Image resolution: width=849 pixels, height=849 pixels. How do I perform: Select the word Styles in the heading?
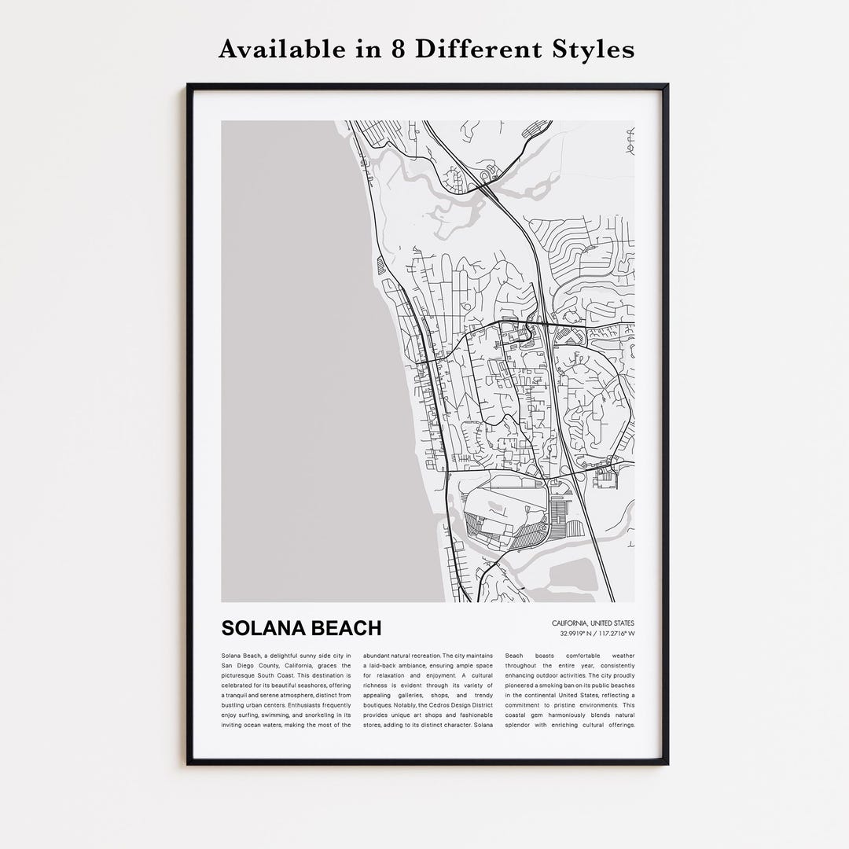591,50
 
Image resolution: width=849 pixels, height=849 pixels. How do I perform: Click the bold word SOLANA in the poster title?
262,628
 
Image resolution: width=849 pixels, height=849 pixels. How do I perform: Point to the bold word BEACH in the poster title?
345,628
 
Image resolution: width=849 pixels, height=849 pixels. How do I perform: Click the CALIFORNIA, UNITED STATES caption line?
593,623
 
